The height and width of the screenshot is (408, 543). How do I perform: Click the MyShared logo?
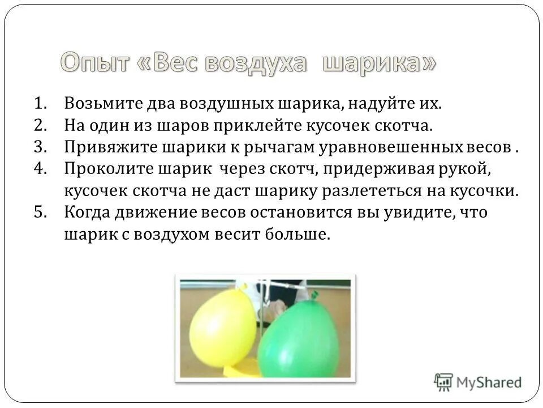pos(478,381)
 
